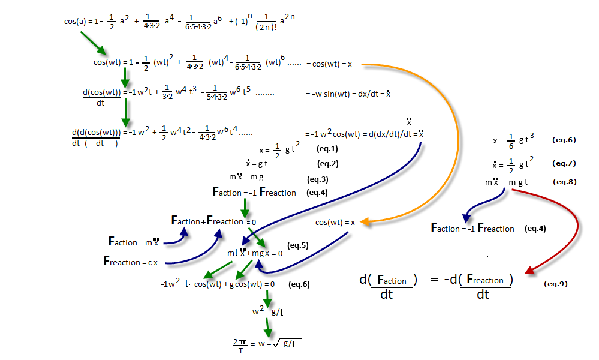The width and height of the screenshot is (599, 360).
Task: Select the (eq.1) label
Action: [327, 148]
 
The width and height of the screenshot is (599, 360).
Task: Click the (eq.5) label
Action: [298, 245]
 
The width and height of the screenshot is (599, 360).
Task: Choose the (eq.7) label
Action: [564, 163]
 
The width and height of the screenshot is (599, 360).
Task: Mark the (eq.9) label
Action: [555, 283]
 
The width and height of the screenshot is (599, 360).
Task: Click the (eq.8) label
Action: [564, 181]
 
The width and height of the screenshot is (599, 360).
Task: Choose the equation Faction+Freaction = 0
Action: [214, 221]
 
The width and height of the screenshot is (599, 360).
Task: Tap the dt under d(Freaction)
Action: [483, 295]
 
